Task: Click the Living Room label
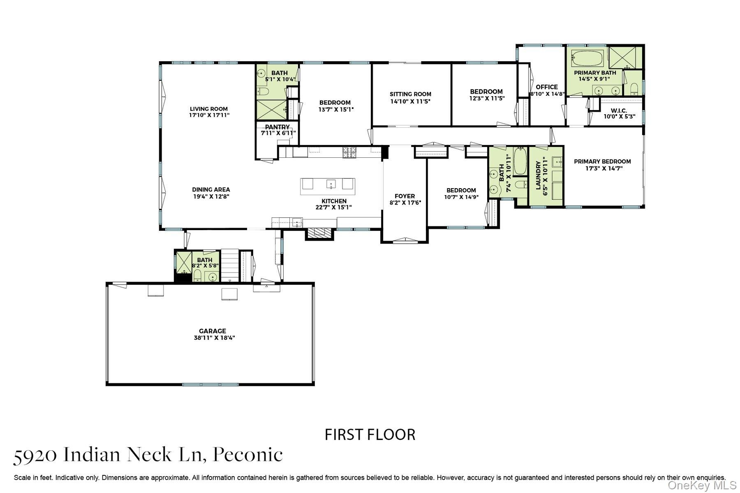click(x=208, y=109)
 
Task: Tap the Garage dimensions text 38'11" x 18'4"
click(x=214, y=338)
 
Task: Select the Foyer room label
click(x=405, y=196)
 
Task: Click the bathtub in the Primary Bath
click(x=587, y=58)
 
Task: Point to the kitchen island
click(x=328, y=187)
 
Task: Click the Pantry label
click(x=277, y=127)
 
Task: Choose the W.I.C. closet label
click(x=619, y=111)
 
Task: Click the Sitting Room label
click(x=410, y=94)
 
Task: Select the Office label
click(x=547, y=87)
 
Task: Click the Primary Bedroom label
click(x=602, y=161)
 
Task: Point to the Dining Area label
click(x=211, y=189)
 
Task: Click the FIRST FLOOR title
click(x=370, y=435)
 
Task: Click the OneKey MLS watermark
click(x=702, y=486)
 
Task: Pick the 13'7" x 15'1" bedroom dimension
click(x=336, y=109)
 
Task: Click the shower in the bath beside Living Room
click(x=272, y=110)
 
